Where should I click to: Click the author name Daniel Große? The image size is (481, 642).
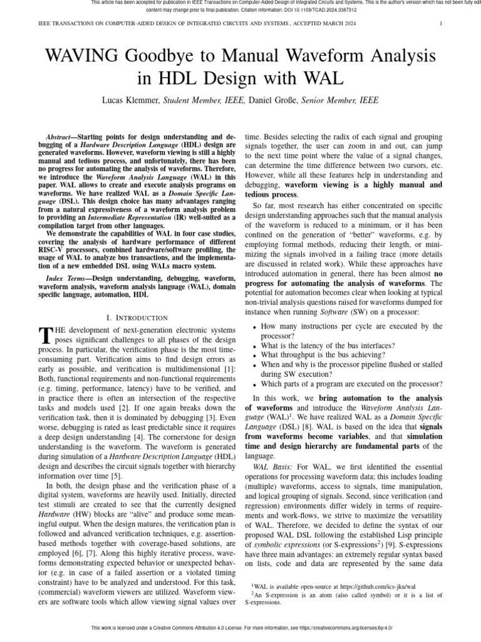coord(274,100)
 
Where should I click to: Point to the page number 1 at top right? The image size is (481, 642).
coord(442,24)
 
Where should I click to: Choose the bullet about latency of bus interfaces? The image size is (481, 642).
coord(328,346)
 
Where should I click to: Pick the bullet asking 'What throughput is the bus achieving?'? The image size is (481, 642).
coord(329,355)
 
